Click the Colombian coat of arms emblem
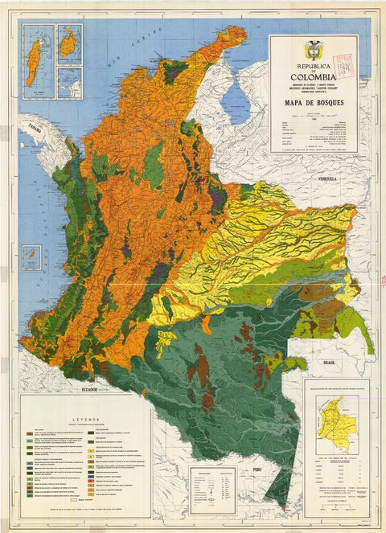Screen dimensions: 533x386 tap(306, 51)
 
